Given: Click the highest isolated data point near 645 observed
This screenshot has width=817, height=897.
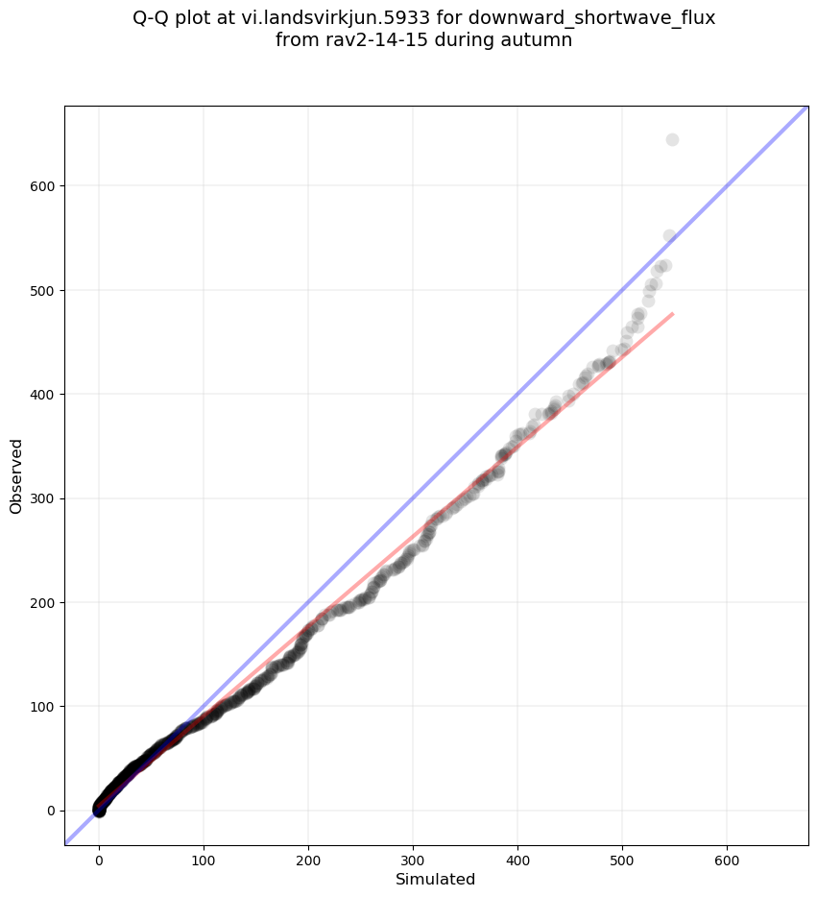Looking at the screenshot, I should tap(672, 140).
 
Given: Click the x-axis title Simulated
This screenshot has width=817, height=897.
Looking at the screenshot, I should tap(436, 879).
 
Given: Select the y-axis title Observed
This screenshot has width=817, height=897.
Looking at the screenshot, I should tap(16, 475).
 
